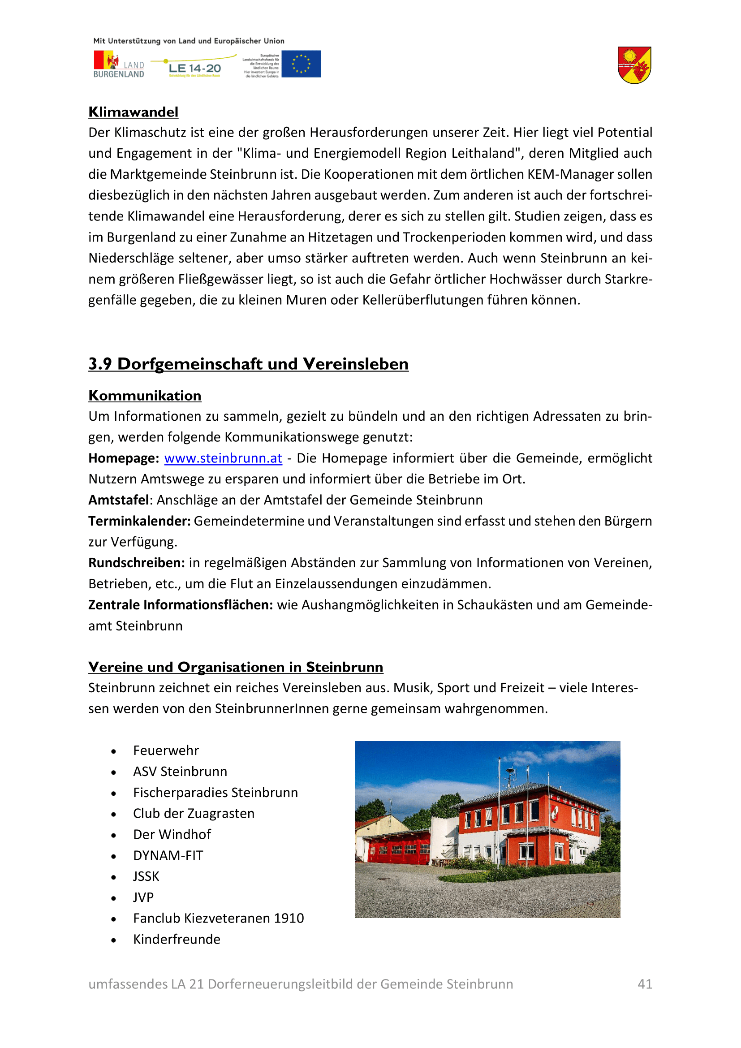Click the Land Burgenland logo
[119, 65]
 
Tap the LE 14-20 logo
[194, 67]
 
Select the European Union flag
[301, 64]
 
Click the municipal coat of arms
[634, 65]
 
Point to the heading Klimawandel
[133, 112]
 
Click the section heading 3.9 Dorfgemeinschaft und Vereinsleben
[248, 364]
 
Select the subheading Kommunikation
[145, 395]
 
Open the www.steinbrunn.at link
[223, 458]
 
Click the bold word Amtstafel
[119, 500]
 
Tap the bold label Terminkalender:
[139, 521]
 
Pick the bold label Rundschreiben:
[137, 563]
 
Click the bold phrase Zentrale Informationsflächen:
[180, 605]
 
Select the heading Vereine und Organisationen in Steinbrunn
[236, 667]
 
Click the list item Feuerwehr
[166, 750]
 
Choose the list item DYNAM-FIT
[168, 855]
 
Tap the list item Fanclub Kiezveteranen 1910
[218, 919]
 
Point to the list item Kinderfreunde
[177, 940]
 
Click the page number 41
[644, 983]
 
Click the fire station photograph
[487, 829]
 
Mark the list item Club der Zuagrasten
[194, 813]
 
